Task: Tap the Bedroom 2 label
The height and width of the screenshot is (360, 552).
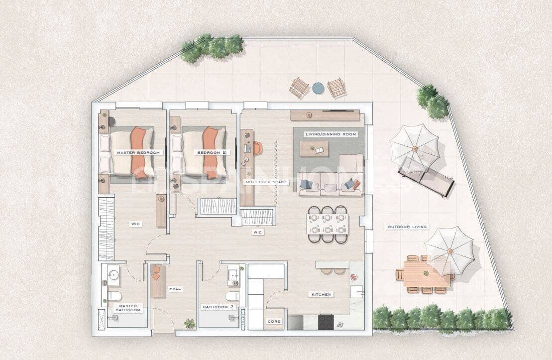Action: coord(209,152)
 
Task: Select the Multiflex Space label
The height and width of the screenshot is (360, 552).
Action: coord(266,182)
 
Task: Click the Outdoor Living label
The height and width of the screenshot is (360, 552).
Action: coord(407,227)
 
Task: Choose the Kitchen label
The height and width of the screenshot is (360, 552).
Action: coord(321,295)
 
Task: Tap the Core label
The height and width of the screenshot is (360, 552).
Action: coord(274,322)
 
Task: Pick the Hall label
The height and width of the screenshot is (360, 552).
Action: coord(175,288)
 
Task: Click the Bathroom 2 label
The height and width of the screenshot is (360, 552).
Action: coord(218,307)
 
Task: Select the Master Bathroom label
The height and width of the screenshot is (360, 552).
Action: coord(128,308)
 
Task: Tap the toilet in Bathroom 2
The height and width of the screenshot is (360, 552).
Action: coord(232,296)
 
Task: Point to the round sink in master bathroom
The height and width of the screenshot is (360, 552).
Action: coord(113,274)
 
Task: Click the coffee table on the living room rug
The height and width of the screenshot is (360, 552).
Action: coord(315,147)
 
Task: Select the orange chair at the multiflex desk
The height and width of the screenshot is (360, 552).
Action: coord(257,148)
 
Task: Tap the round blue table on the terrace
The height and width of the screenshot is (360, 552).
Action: coord(318,88)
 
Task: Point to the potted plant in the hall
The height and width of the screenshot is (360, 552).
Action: coord(189,324)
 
